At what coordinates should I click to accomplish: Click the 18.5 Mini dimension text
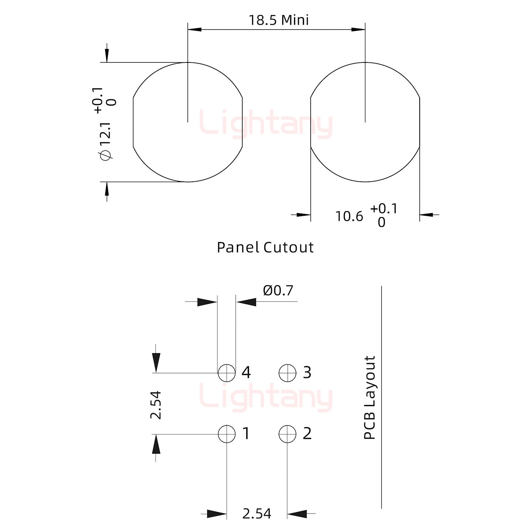[x=279, y=20]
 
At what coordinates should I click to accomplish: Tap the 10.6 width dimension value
[x=349, y=216]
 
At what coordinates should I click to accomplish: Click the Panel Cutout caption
[x=265, y=247]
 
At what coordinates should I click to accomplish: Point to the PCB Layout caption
[x=370, y=397]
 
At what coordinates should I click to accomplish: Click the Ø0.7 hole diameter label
[x=278, y=290]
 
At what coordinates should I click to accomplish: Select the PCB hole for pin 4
[x=227, y=373]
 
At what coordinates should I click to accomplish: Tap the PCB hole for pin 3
[x=287, y=373]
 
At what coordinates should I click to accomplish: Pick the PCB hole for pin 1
[x=227, y=434]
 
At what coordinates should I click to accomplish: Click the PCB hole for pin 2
[x=287, y=434]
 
